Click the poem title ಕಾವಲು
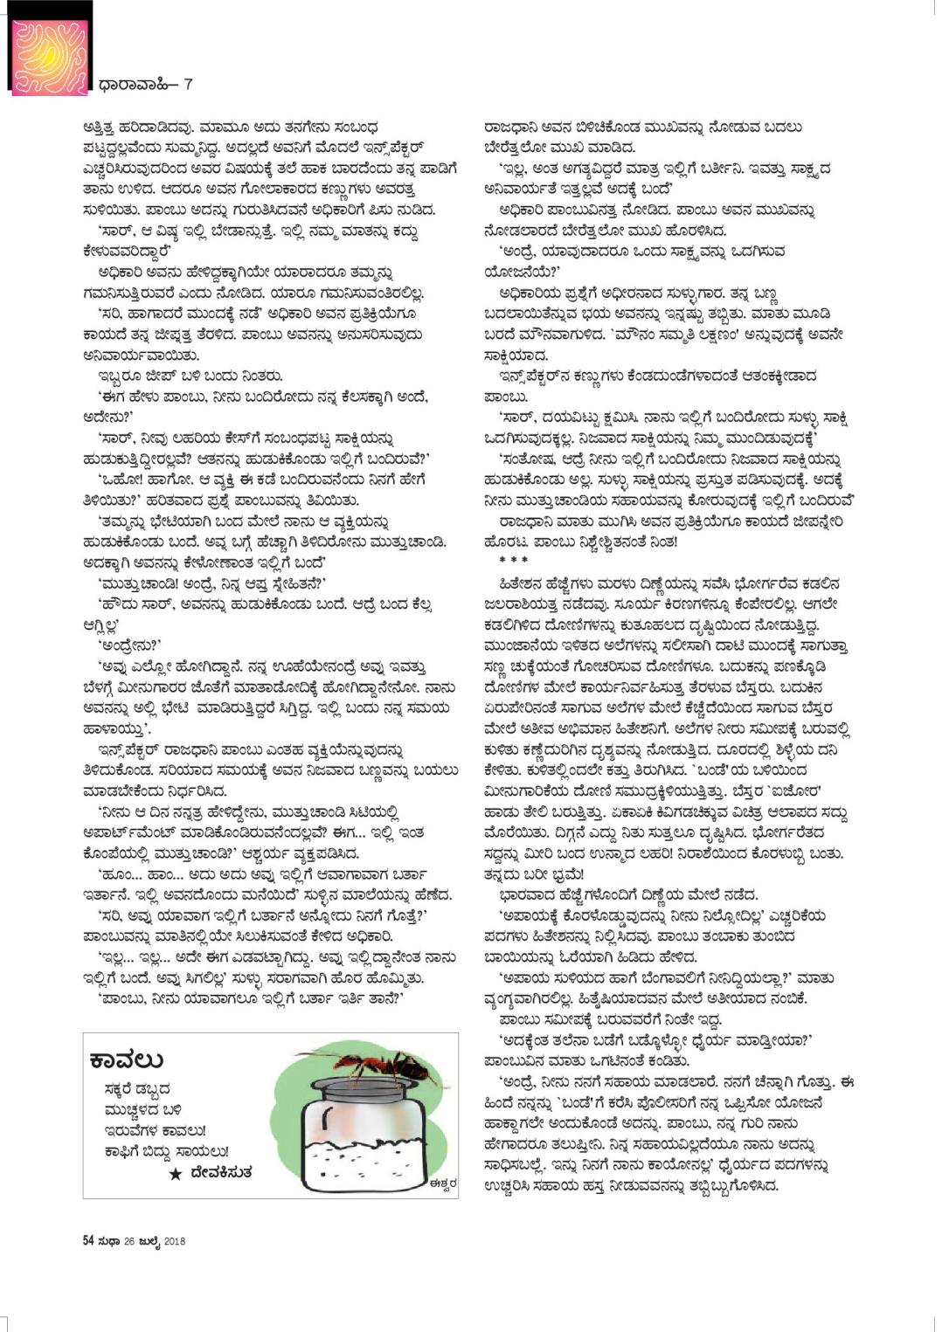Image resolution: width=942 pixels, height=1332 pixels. [x=127, y=1060]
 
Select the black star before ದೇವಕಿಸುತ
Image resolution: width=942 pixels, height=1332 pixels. [x=176, y=1174]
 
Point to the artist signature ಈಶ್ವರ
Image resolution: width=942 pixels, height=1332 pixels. [x=440, y=1184]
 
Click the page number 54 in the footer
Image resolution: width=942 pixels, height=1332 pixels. [x=88, y=1240]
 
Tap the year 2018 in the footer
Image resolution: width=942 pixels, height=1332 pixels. [x=174, y=1240]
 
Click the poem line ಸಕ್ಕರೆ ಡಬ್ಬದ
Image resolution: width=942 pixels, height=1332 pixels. [x=135, y=1089]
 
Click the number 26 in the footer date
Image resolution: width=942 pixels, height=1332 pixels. [x=128, y=1240]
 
